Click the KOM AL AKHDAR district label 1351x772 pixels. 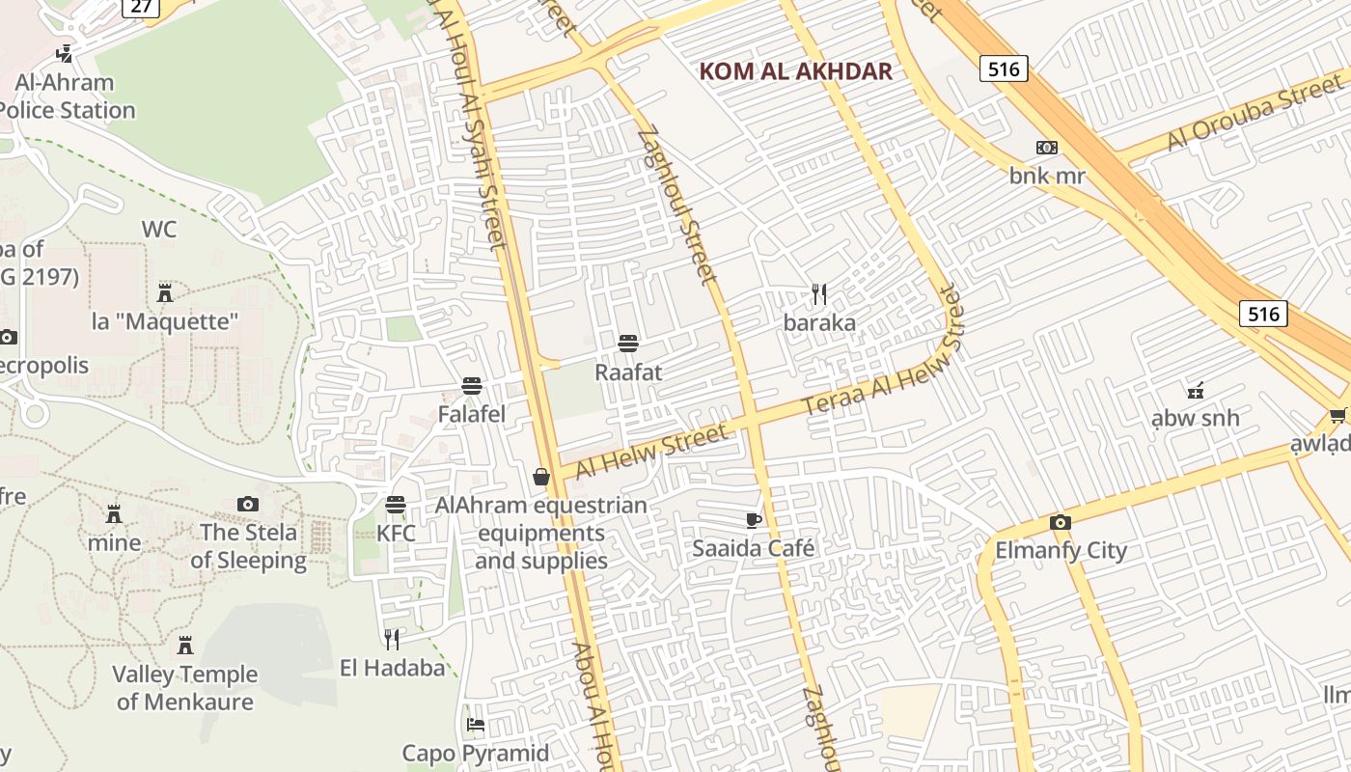click(x=795, y=71)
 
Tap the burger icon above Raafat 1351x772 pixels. click(x=628, y=344)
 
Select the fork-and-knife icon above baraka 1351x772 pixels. click(x=819, y=293)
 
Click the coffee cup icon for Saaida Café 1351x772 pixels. click(x=754, y=521)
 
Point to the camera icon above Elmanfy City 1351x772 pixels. click(x=1061, y=523)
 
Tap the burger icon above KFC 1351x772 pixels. click(x=396, y=505)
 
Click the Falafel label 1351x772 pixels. click(x=471, y=414)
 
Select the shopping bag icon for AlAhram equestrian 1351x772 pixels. click(x=541, y=477)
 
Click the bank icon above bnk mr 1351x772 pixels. click(x=1047, y=148)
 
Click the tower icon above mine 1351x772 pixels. click(x=114, y=513)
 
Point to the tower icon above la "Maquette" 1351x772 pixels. click(x=165, y=291)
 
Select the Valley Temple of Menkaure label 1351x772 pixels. click(x=185, y=687)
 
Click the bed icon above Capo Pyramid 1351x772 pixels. click(x=475, y=724)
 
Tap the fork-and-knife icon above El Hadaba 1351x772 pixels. click(x=392, y=639)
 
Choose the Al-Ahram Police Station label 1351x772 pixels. click(x=66, y=96)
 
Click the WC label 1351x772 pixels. click(x=159, y=230)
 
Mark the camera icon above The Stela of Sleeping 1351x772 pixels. click(x=248, y=504)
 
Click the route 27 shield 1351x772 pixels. click(x=141, y=7)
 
